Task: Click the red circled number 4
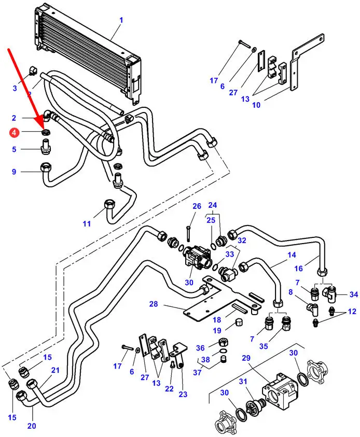pos(14,133)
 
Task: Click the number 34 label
pos(354,294)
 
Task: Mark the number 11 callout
pos(87,224)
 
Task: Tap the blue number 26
pos(197,206)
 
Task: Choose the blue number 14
pos(292,255)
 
